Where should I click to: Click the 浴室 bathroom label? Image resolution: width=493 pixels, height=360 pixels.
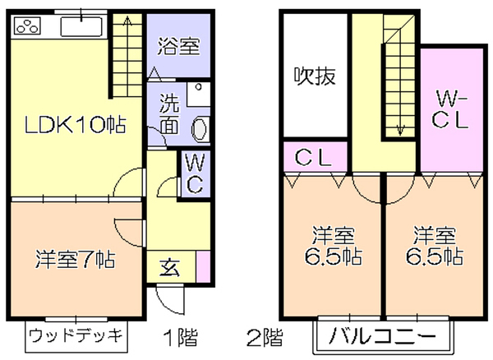(x=178, y=47)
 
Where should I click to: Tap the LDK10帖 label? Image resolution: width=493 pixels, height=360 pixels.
(x=75, y=125)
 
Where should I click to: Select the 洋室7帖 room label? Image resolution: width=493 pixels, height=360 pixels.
(x=75, y=259)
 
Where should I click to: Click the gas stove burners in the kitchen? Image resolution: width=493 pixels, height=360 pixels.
(x=27, y=25)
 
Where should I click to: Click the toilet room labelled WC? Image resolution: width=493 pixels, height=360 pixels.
(x=194, y=174)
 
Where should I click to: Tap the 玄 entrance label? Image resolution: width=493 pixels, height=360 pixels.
(x=170, y=267)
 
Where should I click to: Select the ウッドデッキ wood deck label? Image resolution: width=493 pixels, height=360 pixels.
(x=76, y=336)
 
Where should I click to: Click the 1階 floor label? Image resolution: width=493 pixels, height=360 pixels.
(x=181, y=337)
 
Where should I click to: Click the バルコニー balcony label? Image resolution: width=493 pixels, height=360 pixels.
(x=382, y=336)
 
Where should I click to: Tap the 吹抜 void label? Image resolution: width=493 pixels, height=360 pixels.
(x=315, y=76)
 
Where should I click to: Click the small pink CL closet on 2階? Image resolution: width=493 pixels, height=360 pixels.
(x=316, y=157)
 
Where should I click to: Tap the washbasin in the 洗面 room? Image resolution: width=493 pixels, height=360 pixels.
(x=199, y=130)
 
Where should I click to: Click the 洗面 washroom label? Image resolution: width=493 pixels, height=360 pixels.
(x=169, y=113)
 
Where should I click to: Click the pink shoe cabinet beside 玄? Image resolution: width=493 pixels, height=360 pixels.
(x=204, y=266)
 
